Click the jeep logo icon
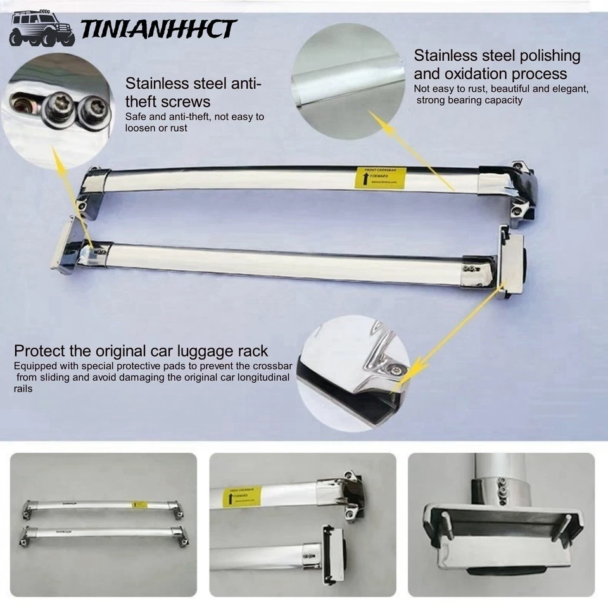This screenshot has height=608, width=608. tap(41, 29)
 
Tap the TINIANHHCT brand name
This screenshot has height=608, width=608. tap(158, 29)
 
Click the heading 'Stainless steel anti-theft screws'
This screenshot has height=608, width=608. tap(193, 92)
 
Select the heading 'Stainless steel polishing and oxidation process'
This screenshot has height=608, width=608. tap(497, 64)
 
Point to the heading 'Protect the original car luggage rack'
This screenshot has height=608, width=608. tap(141, 351)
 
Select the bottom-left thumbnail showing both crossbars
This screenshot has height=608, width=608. tap(104, 524)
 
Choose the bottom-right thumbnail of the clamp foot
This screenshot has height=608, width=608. tap(501, 524)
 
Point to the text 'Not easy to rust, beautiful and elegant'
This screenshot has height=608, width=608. tap(501, 89)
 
